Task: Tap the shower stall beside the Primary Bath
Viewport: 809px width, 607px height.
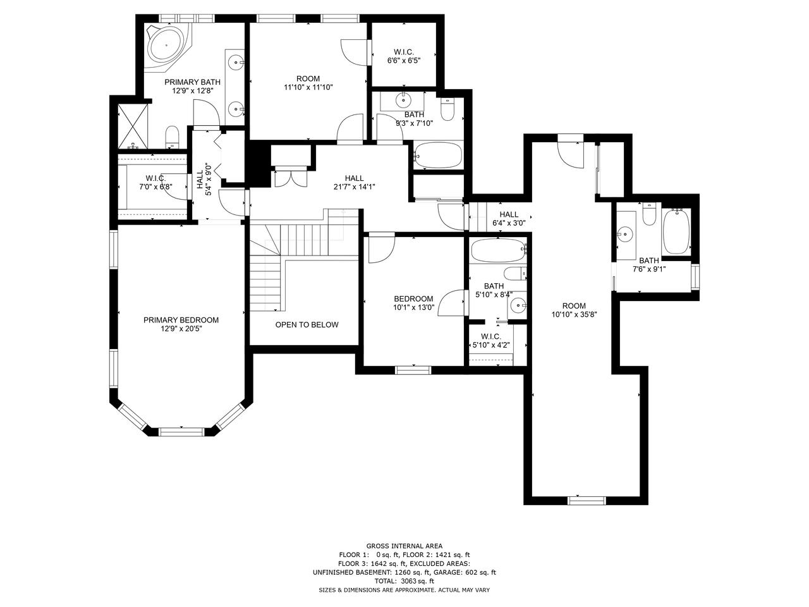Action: pos(134,126)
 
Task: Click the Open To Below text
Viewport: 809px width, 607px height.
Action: pos(307,324)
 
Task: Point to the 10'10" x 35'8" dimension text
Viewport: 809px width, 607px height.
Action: pos(574,314)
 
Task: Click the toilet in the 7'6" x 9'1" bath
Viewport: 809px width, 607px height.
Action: pos(649,216)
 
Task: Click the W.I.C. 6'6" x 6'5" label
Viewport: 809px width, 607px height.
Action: pos(403,56)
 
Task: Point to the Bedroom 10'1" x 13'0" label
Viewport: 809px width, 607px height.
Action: pos(413,303)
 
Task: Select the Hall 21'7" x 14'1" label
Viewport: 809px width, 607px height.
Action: pos(354,182)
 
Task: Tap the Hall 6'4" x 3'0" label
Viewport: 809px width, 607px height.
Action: pos(509,219)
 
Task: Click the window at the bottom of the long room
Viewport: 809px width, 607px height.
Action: pos(587,500)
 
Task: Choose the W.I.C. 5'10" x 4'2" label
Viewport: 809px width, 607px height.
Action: pos(491,341)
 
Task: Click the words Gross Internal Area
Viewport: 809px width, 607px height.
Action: pos(404,546)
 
